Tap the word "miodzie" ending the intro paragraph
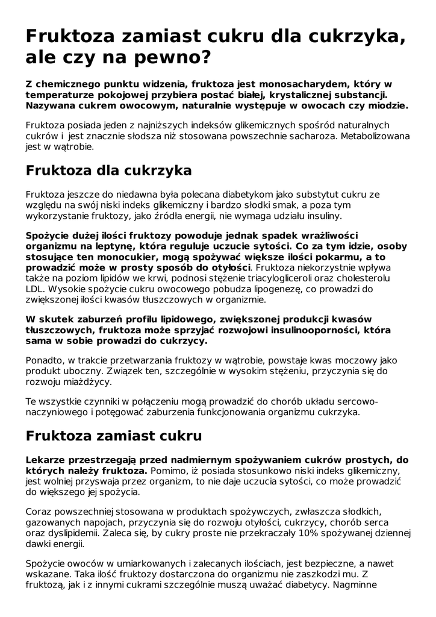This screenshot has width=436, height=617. coord(384,105)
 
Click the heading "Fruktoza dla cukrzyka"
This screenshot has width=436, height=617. coord(108,171)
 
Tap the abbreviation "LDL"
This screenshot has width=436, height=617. coord(35,289)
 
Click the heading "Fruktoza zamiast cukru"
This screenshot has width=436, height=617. coord(113,435)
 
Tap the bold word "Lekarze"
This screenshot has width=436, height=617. coord(49,460)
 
